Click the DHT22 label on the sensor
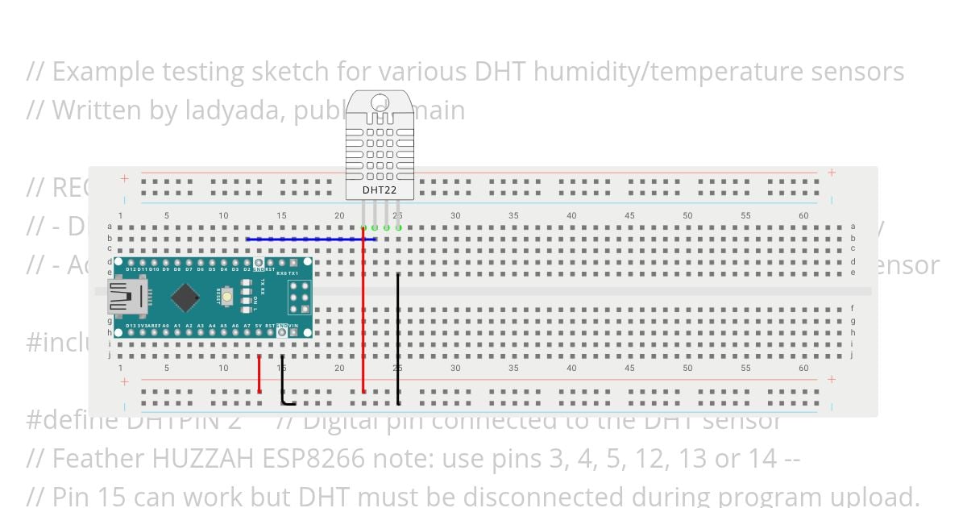[379, 190]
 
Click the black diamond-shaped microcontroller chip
[185, 298]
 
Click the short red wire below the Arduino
[259, 373]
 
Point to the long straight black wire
[398, 339]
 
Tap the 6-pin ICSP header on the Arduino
[300, 297]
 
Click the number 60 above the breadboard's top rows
[803, 215]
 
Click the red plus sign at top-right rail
[832, 173]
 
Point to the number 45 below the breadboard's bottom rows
[629, 368]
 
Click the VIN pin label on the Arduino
[293, 326]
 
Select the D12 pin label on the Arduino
[131, 269]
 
